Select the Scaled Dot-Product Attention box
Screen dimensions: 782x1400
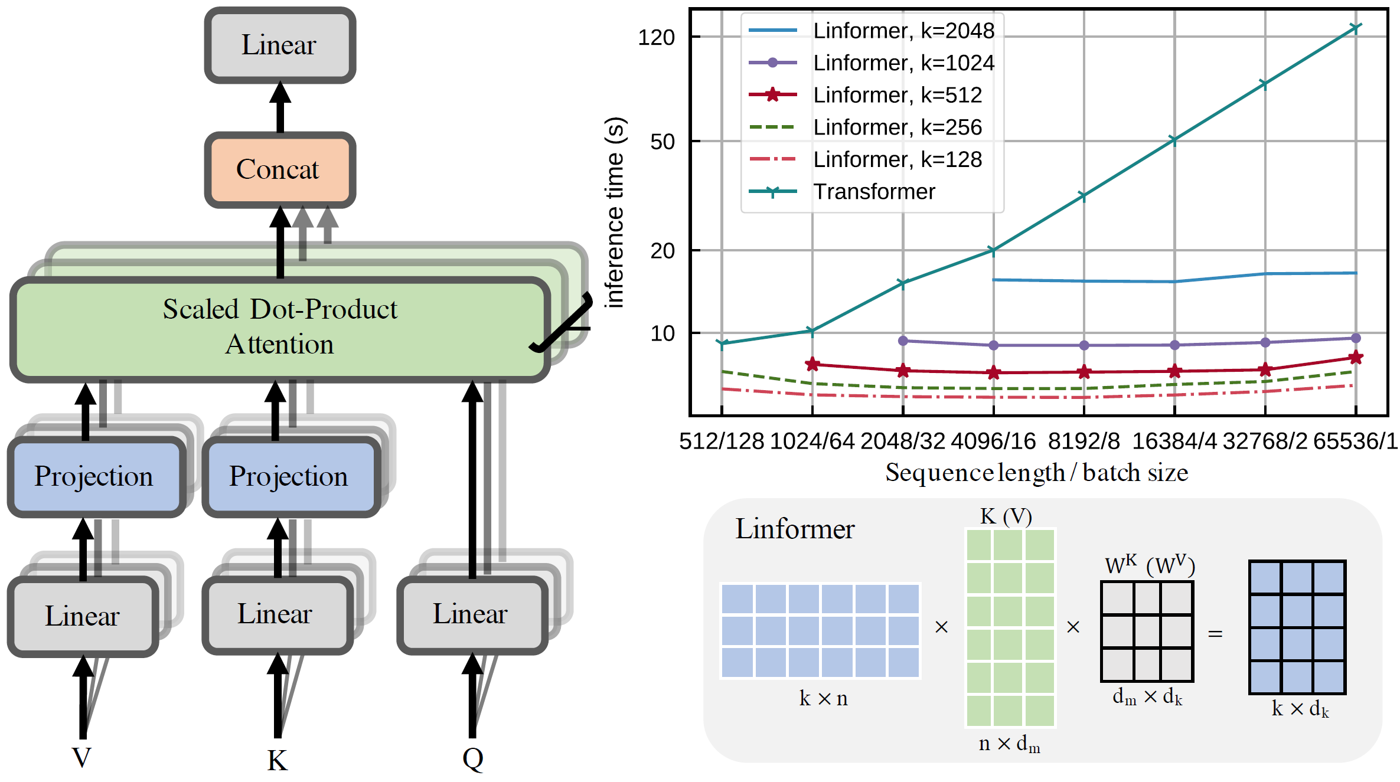coord(280,328)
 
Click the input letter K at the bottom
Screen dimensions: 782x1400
coord(277,761)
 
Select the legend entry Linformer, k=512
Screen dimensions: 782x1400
coord(897,95)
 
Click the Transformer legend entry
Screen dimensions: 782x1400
coord(874,192)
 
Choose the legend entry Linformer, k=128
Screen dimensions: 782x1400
coord(897,159)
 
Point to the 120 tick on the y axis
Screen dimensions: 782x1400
coord(656,38)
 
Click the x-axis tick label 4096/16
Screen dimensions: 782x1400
coord(994,441)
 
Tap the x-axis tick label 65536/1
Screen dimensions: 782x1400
coord(1355,441)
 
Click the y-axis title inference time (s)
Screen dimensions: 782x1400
coord(615,212)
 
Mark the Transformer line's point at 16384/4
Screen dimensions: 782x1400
coord(1174,140)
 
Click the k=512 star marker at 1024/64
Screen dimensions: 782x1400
coord(812,364)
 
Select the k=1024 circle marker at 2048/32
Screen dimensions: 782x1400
coord(903,341)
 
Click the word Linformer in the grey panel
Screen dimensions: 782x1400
coord(794,529)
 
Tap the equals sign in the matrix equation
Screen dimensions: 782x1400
coord(1215,634)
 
